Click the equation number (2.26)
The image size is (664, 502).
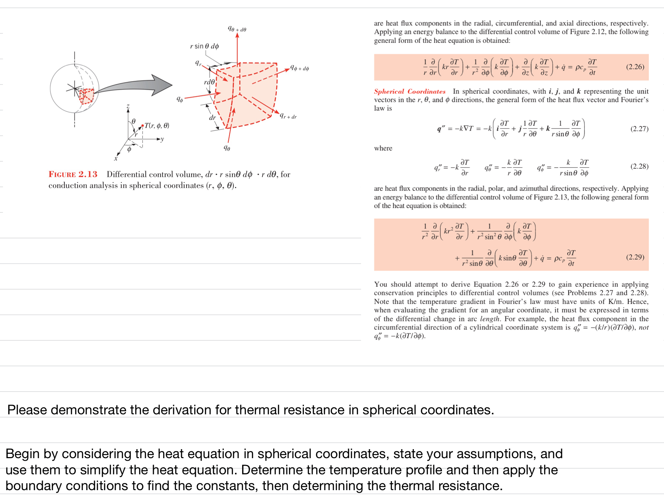[x=635, y=67]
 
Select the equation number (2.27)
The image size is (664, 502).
[x=639, y=129]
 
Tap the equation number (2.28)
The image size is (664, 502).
[x=639, y=166]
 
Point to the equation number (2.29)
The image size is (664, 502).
[x=635, y=257]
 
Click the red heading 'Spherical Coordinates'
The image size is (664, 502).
[x=410, y=91]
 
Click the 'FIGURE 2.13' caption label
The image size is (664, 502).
[x=73, y=174]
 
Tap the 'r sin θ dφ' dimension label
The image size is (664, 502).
[x=204, y=46]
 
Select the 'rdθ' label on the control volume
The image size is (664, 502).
[x=209, y=82]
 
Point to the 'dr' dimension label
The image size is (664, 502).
[x=212, y=118]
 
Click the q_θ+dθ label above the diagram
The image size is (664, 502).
[x=237, y=29]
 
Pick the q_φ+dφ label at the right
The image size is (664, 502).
[x=299, y=68]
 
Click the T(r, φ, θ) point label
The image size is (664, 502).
[x=157, y=125]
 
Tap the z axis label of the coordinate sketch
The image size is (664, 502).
[x=128, y=106]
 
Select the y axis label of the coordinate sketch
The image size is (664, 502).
[x=162, y=139]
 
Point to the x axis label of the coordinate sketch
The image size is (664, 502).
[x=116, y=158]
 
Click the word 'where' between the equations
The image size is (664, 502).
[x=383, y=148]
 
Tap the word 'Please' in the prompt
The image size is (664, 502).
[x=27, y=410]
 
